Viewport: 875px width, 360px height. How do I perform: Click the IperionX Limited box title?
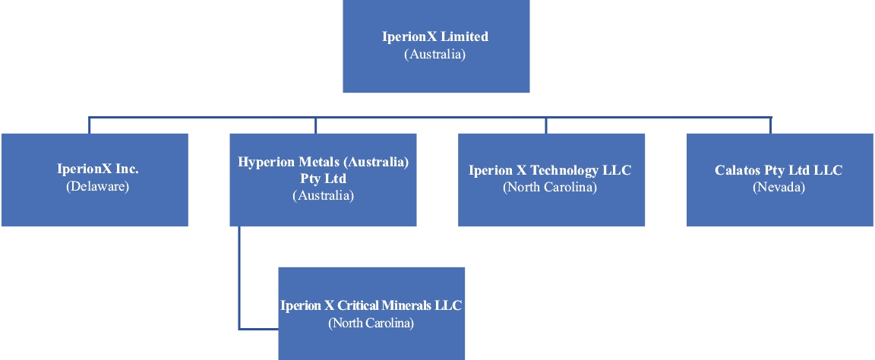[435, 36]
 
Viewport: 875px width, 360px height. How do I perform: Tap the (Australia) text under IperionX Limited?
[435, 54]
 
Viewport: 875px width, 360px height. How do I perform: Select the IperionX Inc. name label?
[94, 169]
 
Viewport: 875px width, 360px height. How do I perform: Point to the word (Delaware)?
[94, 186]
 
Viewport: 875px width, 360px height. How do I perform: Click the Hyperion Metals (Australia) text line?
[323, 162]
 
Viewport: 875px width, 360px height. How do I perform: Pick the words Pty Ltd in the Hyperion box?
[323, 178]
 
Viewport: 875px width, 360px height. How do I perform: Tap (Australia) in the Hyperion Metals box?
[323, 195]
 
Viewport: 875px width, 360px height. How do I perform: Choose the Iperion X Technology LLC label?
[550, 170]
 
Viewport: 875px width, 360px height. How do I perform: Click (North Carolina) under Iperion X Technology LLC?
[550, 187]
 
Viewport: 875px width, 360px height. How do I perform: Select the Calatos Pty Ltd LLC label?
[779, 170]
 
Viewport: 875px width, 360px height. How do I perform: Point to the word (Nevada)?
[779, 187]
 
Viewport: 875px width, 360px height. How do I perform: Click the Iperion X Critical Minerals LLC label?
[371, 305]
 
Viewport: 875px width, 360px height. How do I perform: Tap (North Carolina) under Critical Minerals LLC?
[371, 323]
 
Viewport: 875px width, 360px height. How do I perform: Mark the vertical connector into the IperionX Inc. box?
[89, 125]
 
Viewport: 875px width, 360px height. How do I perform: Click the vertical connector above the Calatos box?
[771, 125]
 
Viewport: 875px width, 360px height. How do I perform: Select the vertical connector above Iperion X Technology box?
[545, 125]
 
